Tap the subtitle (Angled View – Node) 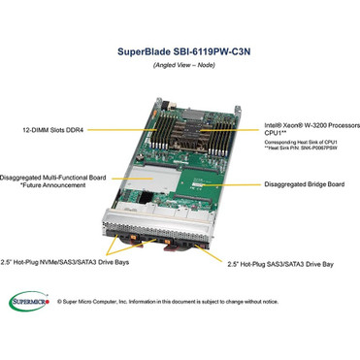pos(180,64)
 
